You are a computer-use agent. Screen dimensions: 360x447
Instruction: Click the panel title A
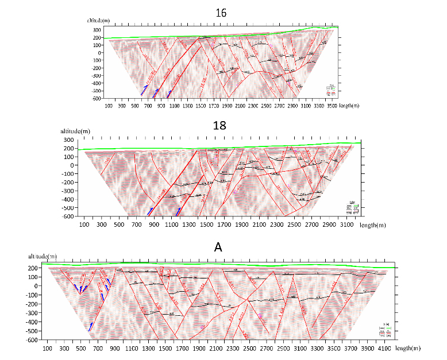218,247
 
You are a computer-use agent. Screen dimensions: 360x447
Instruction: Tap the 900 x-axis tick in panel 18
154,225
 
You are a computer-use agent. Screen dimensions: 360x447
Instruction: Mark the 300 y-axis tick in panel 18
68,140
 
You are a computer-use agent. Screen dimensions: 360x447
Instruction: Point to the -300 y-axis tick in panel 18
67,191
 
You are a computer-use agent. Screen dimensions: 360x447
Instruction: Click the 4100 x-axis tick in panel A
385,348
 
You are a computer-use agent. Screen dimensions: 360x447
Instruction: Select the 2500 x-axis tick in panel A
250,348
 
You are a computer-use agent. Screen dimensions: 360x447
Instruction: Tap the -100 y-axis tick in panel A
33,295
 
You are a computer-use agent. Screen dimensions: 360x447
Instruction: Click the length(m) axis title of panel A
410,348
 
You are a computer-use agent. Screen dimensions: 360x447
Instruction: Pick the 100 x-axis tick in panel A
48,348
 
